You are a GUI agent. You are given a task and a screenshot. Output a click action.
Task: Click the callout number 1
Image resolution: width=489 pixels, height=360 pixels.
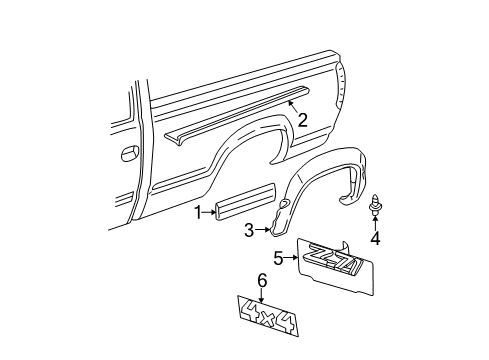click(x=198, y=211)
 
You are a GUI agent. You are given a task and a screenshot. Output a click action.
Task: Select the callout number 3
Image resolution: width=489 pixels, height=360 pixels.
click(x=248, y=229)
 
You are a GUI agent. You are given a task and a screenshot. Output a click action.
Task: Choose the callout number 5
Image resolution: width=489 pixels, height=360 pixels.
click(x=279, y=259)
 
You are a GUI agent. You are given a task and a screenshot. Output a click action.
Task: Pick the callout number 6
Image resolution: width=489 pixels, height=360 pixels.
click(x=262, y=282)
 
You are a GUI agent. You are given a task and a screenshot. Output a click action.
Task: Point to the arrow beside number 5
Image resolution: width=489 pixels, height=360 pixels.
click(x=293, y=259)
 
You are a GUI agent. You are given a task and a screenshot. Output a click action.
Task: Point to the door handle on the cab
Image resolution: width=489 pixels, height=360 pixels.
click(x=129, y=154)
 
